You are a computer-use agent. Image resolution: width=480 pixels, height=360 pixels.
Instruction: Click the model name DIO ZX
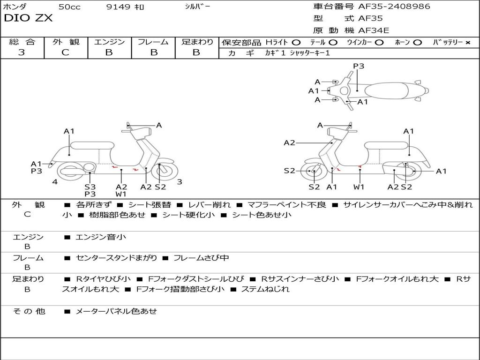click(28, 18)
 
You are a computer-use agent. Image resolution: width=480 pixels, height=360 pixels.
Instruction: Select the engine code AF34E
click(374, 31)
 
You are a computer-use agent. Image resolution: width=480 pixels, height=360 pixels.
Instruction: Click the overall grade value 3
click(22, 52)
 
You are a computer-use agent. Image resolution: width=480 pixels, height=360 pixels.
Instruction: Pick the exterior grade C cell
click(65, 52)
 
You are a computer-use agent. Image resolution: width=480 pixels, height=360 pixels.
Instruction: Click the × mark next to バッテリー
click(467, 43)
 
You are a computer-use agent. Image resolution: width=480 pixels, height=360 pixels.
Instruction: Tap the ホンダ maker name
click(15, 7)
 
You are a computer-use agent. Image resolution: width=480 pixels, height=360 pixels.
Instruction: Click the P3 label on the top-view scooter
click(359, 66)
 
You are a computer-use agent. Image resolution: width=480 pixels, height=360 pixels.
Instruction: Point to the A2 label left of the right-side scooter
click(289, 142)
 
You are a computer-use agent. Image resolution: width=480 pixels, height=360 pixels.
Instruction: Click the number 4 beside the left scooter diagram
click(55, 182)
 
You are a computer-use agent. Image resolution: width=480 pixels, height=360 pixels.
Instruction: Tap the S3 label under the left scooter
click(90, 187)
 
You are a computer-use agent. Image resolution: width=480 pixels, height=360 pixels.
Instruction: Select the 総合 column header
click(22, 42)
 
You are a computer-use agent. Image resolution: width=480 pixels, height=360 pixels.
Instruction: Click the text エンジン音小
click(101, 237)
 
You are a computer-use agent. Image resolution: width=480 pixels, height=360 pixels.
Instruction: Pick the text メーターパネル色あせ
click(116, 311)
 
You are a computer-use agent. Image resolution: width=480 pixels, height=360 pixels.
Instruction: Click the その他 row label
click(29, 311)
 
